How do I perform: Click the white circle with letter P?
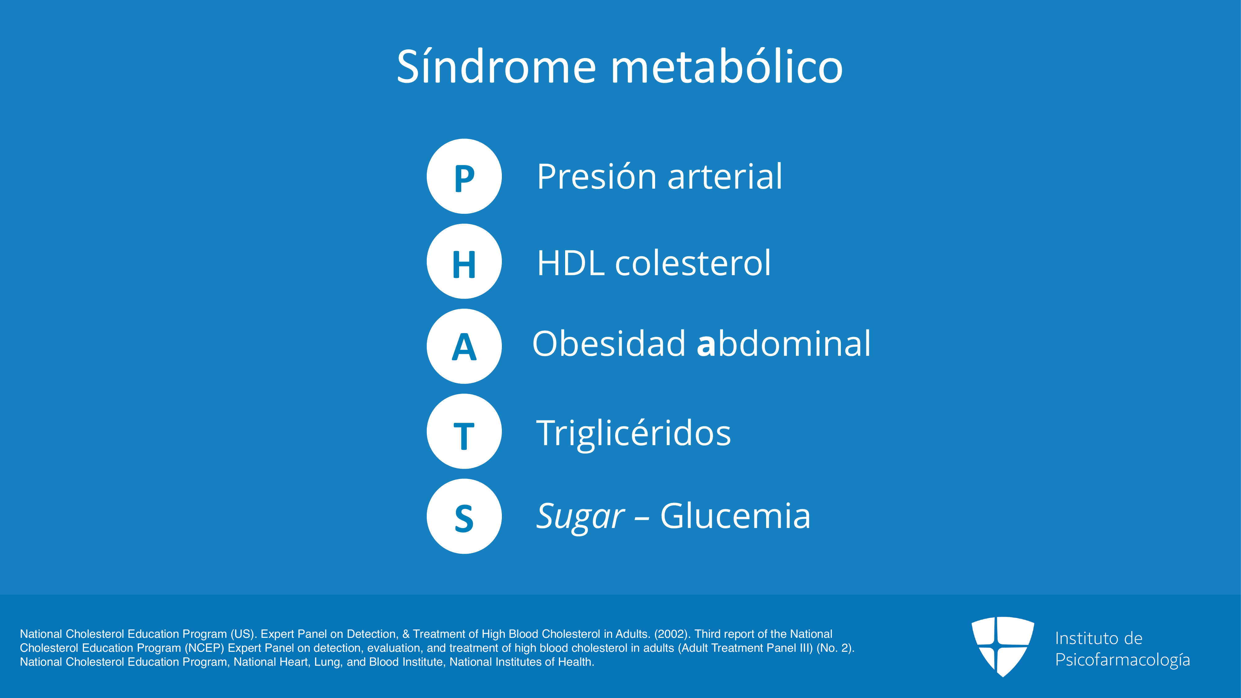(464, 176)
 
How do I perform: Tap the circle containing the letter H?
(464, 262)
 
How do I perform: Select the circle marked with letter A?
(464, 346)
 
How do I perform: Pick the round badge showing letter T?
(464, 432)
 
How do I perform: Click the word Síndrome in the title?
(497, 66)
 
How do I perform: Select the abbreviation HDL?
(571, 263)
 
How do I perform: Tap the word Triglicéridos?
(633, 433)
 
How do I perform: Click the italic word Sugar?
(581, 517)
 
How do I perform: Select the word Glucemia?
(735, 515)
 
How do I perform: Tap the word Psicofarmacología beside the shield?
(1123, 660)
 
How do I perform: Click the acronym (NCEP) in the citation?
(204, 648)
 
